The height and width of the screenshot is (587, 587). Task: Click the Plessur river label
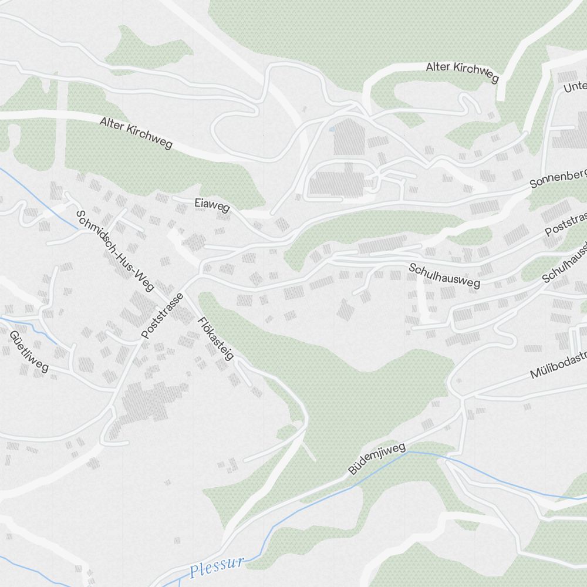click(217, 567)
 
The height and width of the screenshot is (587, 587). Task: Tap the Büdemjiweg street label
click(377, 459)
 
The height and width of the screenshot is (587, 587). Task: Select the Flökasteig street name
click(216, 339)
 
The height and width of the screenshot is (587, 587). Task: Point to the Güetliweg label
click(28, 351)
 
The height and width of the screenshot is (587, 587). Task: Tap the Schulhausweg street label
click(444, 275)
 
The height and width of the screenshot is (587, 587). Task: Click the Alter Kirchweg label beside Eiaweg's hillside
click(136, 133)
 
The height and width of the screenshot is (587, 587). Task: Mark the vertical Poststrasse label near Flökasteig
click(163, 316)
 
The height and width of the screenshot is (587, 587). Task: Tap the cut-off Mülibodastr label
click(558, 367)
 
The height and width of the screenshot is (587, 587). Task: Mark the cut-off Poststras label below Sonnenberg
click(565, 224)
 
